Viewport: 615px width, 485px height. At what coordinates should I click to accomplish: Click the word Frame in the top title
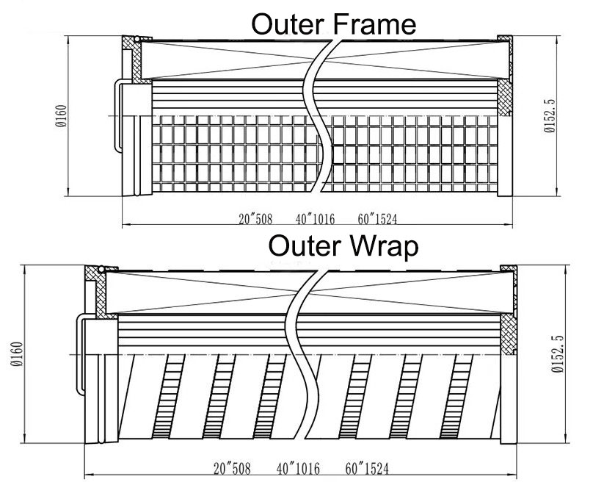click(x=374, y=24)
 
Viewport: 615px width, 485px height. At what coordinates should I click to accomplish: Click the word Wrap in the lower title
click(x=384, y=246)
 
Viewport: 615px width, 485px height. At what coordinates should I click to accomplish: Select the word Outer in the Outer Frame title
click(x=288, y=24)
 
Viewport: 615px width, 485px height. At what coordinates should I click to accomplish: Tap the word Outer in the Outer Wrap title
click(x=305, y=246)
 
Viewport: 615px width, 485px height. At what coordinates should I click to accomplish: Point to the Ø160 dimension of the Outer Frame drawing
click(x=62, y=116)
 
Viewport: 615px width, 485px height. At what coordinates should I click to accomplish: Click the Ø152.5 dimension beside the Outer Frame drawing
click(x=550, y=116)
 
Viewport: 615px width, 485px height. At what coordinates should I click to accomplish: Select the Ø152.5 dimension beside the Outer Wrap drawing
click(x=557, y=354)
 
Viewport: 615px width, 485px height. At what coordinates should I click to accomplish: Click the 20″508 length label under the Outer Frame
click(x=255, y=219)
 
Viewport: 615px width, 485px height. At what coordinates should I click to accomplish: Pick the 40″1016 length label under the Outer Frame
click(x=316, y=219)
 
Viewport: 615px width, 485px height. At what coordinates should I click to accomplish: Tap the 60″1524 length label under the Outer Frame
click(x=377, y=219)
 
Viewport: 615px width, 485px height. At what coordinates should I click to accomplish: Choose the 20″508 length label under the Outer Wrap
click(x=232, y=468)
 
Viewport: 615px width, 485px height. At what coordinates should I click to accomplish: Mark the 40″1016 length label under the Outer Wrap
click(x=298, y=468)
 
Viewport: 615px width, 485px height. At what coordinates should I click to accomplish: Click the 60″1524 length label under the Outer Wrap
click(x=367, y=468)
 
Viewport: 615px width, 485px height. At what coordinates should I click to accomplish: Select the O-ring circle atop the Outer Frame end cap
click(x=137, y=39)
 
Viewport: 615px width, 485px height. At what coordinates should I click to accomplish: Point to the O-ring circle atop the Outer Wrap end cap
click(x=101, y=270)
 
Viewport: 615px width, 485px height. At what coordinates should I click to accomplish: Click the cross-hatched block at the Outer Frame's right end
click(x=505, y=98)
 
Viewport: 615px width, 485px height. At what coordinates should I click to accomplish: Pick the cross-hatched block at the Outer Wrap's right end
click(x=509, y=334)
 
